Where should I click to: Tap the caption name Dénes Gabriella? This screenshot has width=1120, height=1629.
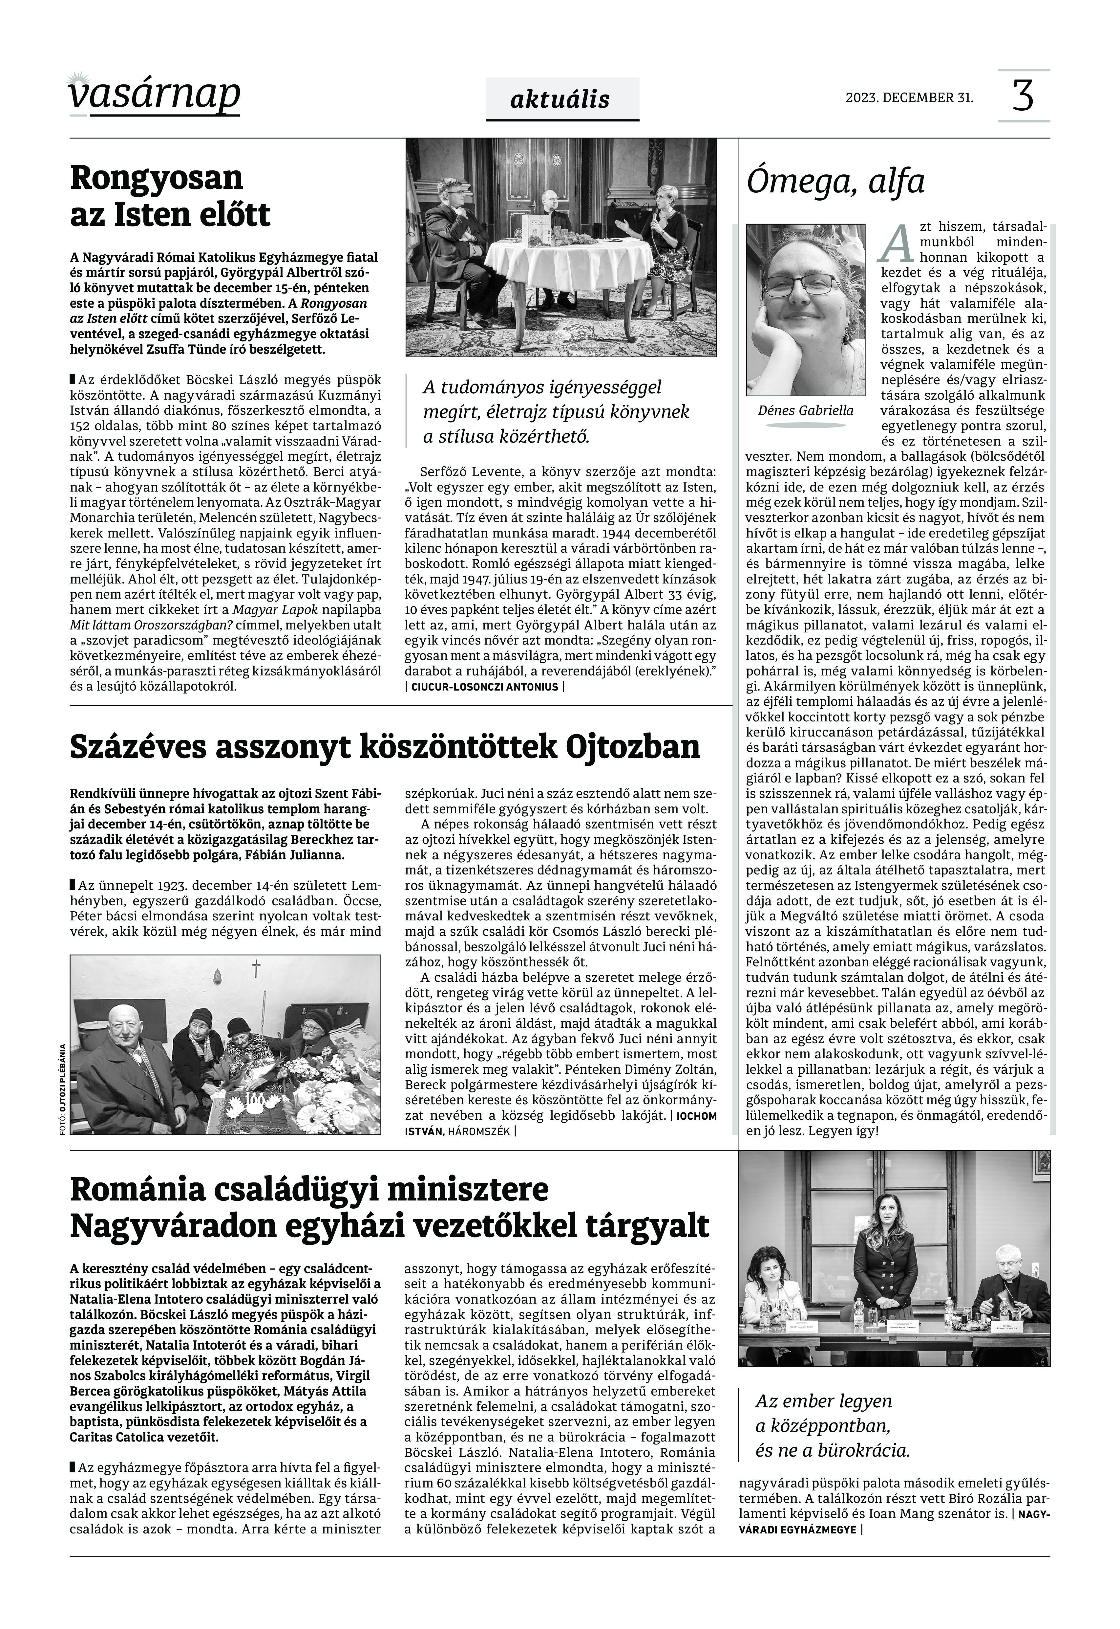coord(806,411)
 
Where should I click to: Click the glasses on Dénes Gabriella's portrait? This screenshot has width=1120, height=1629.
coord(800,284)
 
